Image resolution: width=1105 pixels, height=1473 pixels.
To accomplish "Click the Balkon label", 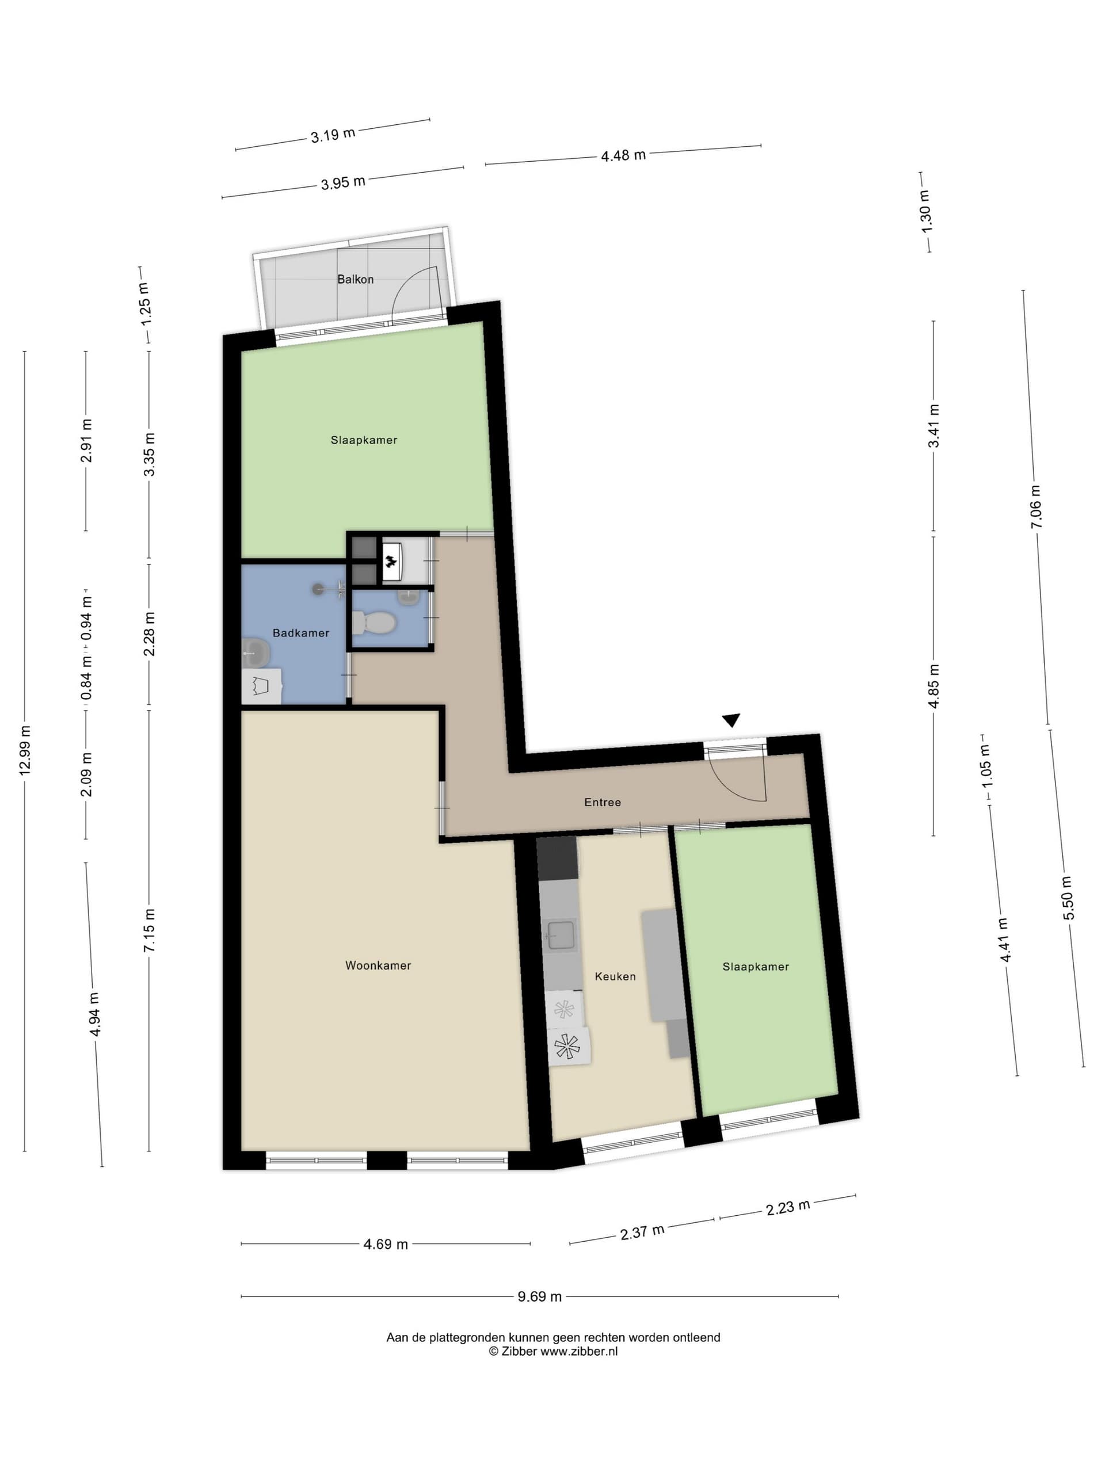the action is pos(355,279).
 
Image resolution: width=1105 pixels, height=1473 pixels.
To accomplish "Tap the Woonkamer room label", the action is pos(378,965).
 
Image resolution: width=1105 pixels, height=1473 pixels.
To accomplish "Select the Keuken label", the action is pos(615,976).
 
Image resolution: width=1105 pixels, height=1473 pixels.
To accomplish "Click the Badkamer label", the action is pos(300,632).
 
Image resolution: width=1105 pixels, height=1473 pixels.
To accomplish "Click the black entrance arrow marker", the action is pos(731,720).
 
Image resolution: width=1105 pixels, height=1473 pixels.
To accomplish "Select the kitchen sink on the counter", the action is pos(559,936).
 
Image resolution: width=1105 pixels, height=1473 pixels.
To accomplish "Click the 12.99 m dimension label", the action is pos(25,750).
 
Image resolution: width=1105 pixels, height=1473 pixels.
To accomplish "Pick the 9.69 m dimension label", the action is pos(539,1296).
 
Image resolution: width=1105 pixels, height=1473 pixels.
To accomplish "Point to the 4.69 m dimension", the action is pos(386,1244).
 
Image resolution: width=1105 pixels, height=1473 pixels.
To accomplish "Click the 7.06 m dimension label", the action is pos(1034,507).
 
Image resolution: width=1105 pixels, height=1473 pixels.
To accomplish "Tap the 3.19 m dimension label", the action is pos(333,135).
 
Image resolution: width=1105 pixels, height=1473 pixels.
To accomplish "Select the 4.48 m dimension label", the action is pos(623,156).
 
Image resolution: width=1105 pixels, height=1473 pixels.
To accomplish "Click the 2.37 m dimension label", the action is pos(642,1232).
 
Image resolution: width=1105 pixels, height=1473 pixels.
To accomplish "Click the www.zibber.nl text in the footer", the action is pos(579,1351).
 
